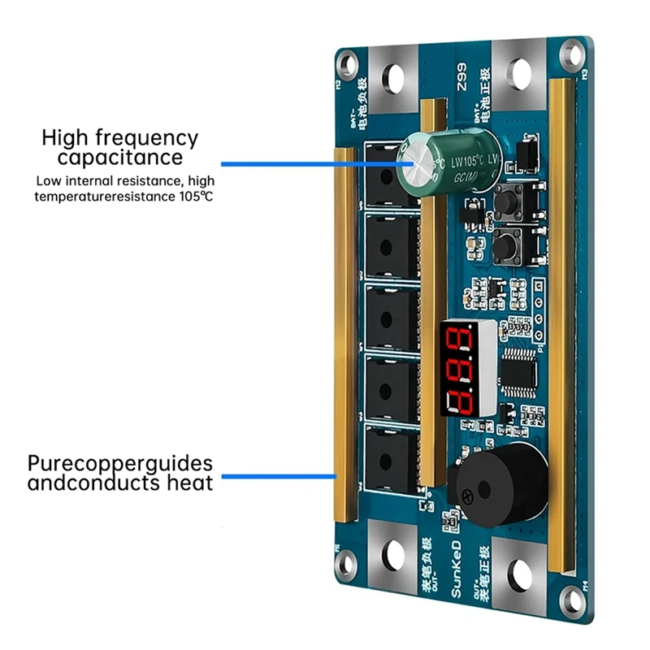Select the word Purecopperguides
[120, 464]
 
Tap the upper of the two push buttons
[512, 198]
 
